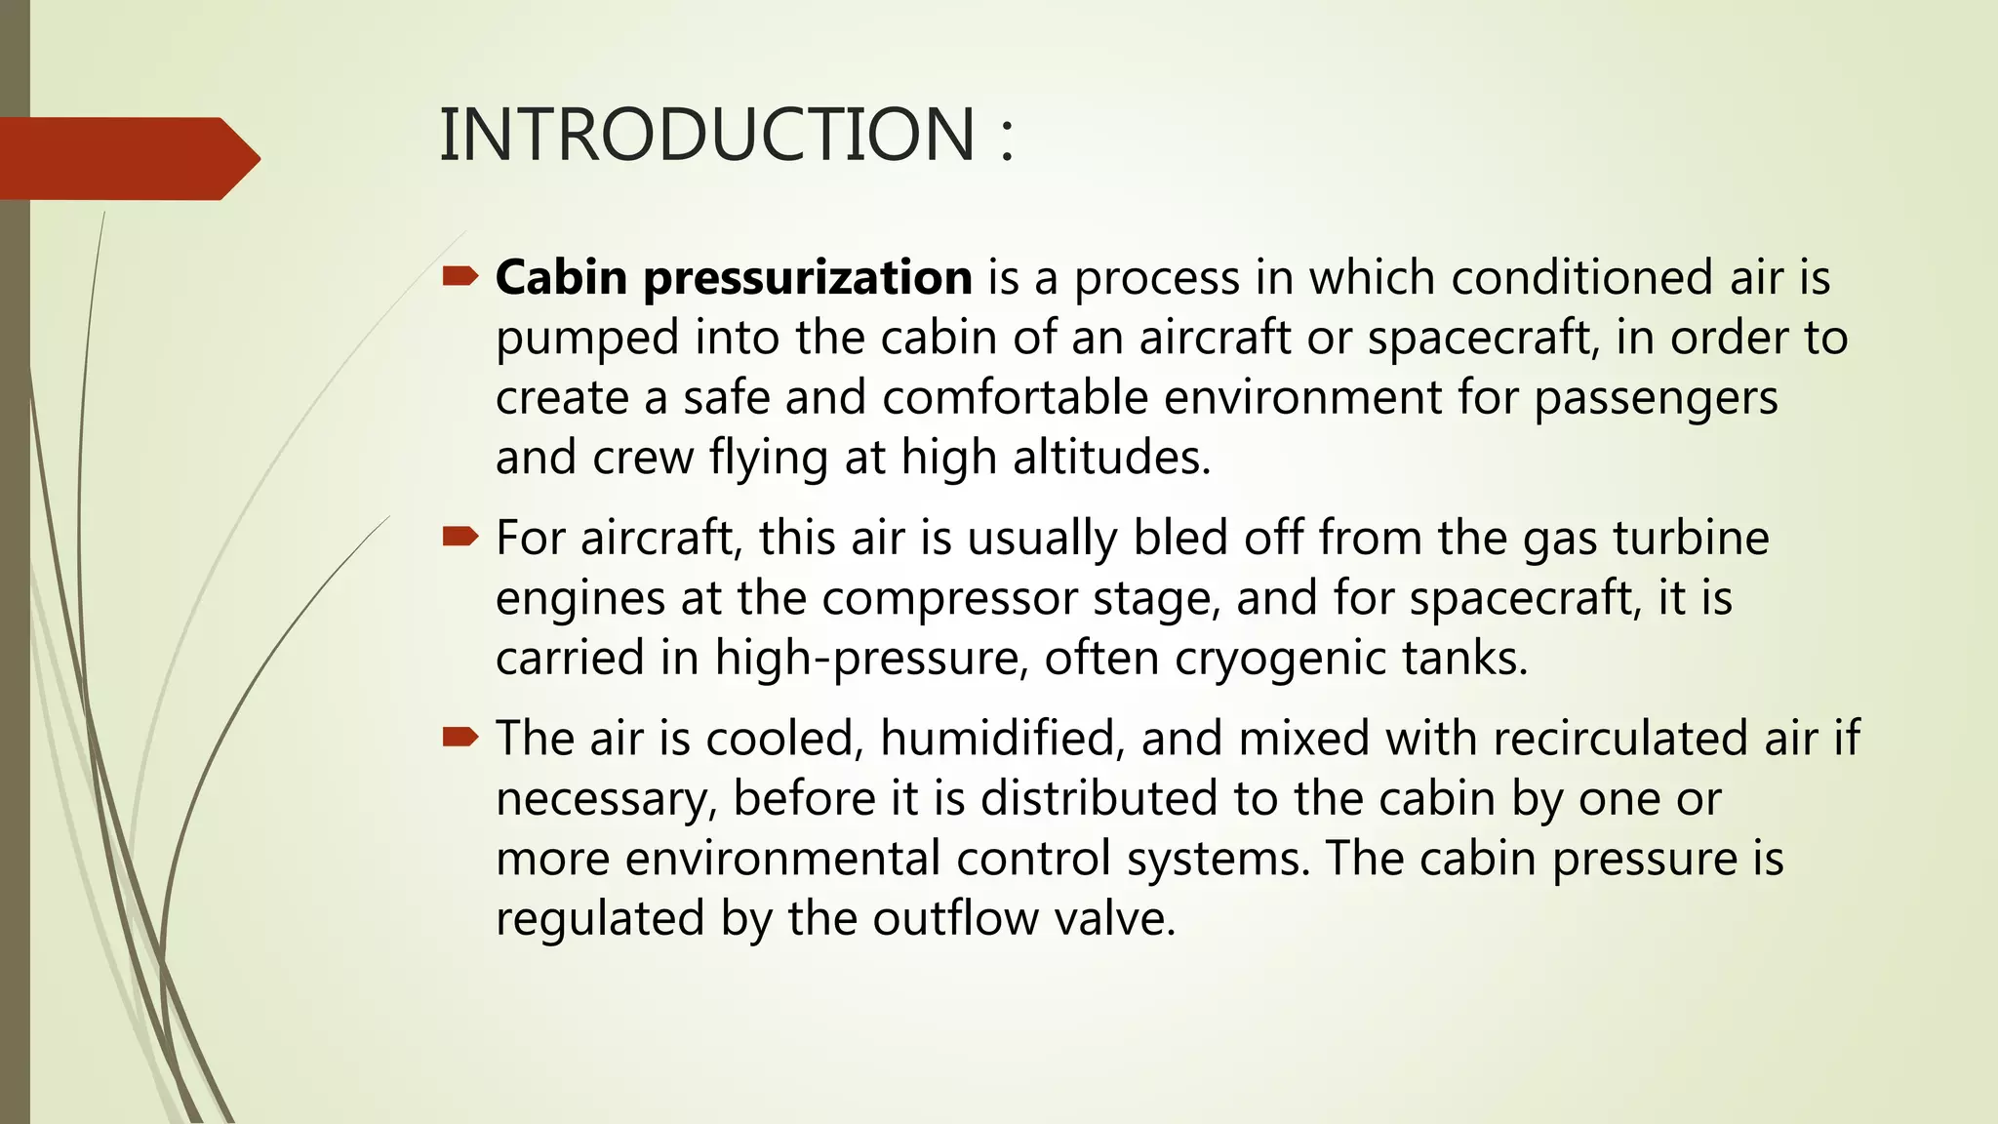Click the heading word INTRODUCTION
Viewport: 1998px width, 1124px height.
click(707, 135)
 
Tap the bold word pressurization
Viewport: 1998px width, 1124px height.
click(807, 278)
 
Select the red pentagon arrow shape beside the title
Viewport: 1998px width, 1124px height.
click(127, 159)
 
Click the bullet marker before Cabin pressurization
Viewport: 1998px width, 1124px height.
click(460, 278)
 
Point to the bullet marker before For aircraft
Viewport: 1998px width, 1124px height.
click(460, 537)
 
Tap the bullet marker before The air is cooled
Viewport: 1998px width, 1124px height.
click(460, 737)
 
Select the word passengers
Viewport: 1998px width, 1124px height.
click(1656, 398)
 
